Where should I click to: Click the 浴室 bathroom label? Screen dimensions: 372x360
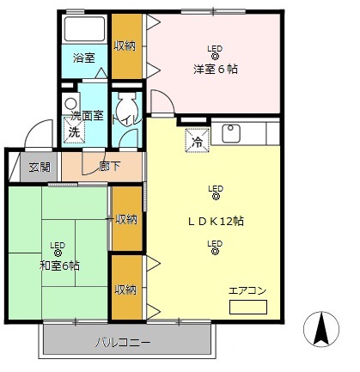click(x=83, y=58)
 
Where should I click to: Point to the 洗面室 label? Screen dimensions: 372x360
click(x=86, y=115)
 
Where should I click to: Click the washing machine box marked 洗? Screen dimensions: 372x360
click(x=74, y=132)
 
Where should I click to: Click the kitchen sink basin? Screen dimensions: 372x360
click(x=230, y=133)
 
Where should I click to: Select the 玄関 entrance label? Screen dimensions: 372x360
click(x=40, y=167)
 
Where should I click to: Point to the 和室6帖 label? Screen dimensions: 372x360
click(x=58, y=265)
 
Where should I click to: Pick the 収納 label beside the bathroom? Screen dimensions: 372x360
click(x=125, y=45)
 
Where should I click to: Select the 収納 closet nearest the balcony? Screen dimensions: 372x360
click(x=125, y=290)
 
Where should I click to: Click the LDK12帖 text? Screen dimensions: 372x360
click(x=217, y=221)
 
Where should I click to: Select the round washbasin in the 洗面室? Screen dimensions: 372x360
click(x=70, y=103)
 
